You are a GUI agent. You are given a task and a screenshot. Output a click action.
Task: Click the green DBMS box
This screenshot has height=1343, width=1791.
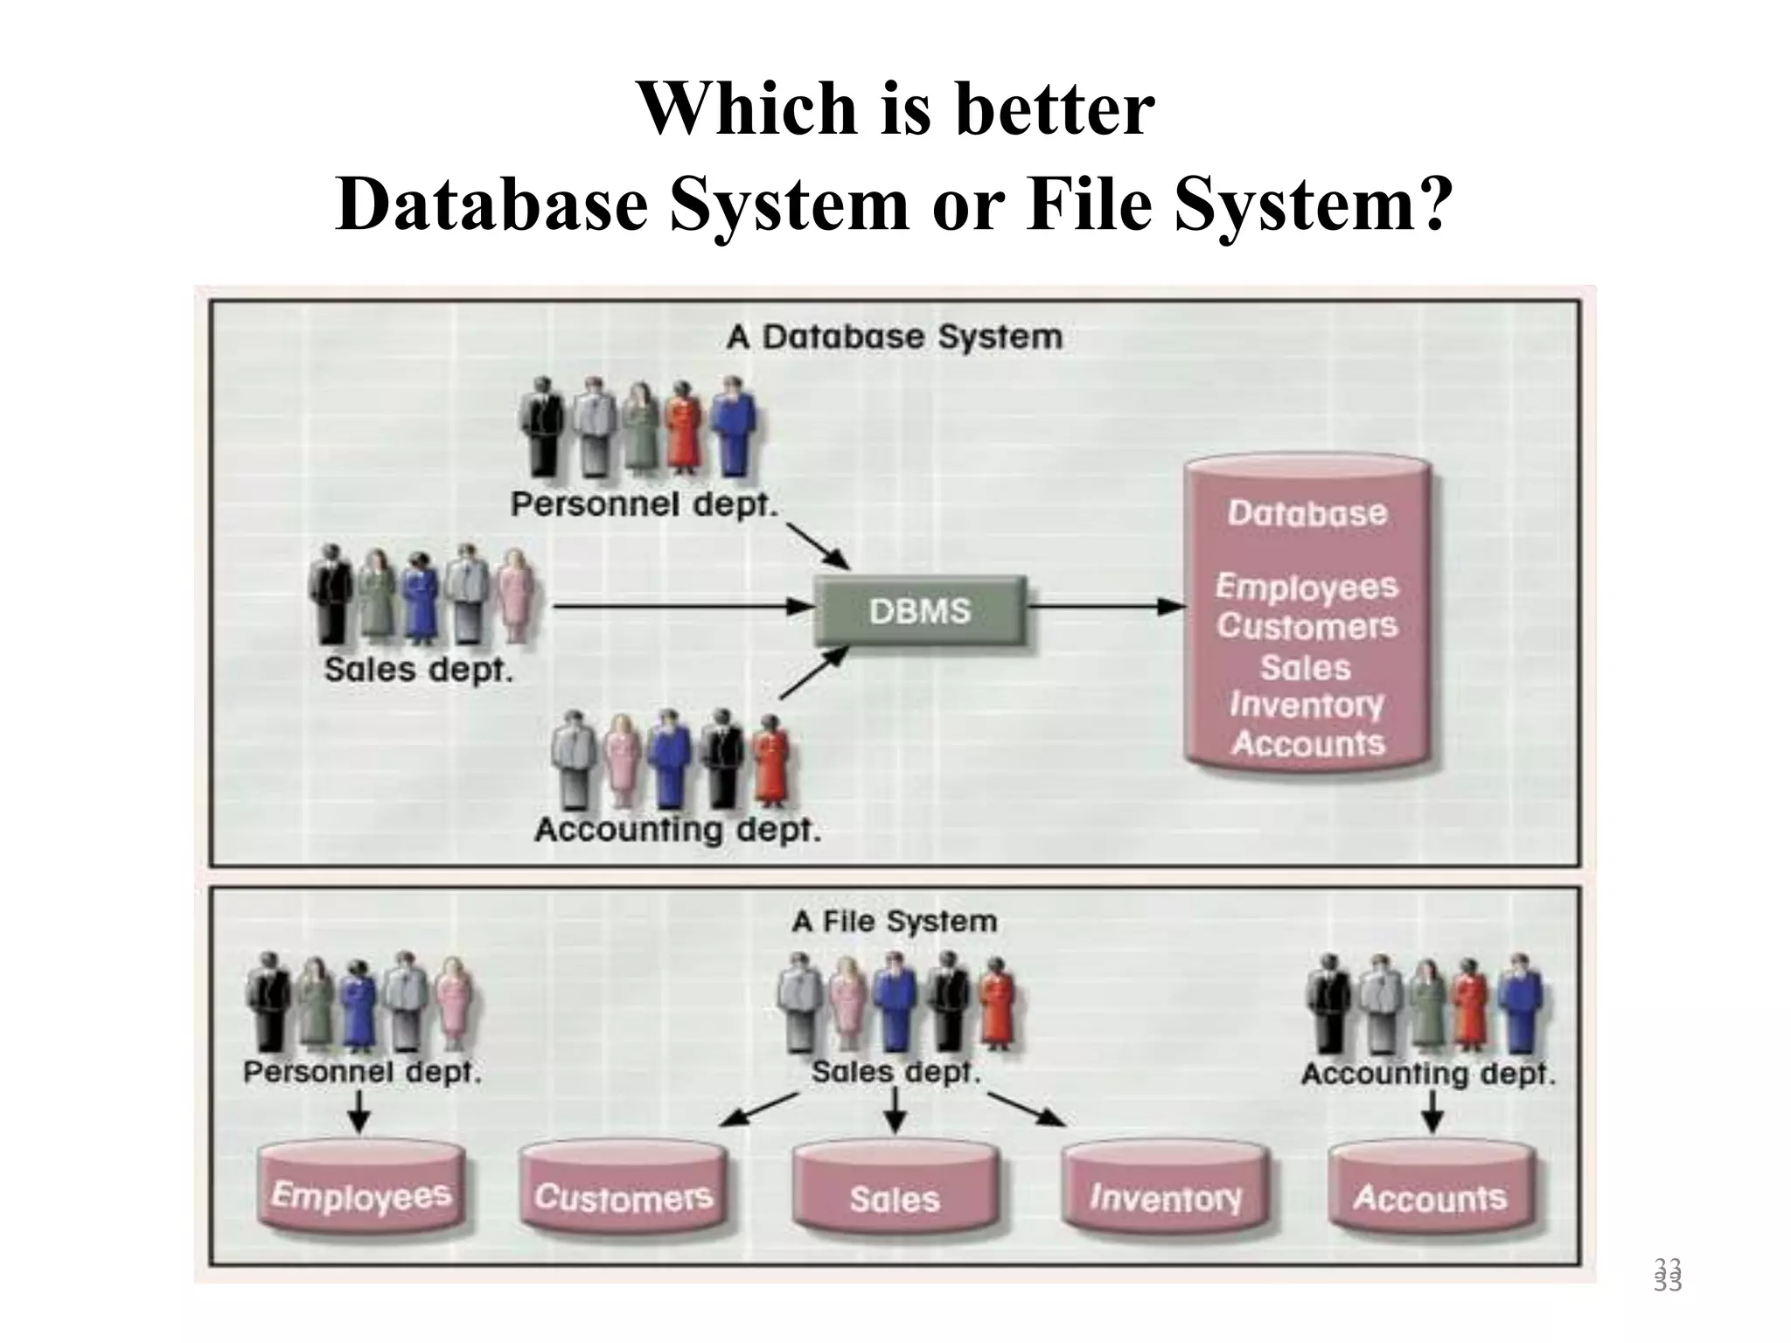click(x=920, y=610)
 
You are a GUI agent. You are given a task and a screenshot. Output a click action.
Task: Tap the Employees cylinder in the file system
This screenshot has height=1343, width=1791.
click(x=361, y=1194)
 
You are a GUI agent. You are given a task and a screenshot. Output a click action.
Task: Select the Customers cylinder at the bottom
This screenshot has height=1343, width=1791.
click(x=623, y=1196)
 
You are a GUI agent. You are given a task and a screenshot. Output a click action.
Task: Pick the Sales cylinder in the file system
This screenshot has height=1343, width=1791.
click(x=895, y=1198)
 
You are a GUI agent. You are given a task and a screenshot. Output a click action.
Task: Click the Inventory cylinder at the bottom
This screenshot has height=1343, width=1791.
click(x=1165, y=1196)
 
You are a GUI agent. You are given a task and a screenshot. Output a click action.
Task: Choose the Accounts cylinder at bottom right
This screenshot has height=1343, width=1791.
click(x=1430, y=1196)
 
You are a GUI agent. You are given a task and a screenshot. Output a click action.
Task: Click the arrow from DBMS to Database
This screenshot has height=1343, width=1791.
click(x=1106, y=606)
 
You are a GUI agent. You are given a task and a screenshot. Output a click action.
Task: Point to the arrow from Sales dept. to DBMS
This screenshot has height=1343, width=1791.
click(x=682, y=605)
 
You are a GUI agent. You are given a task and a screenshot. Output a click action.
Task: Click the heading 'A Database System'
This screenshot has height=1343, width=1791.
click(x=894, y=337)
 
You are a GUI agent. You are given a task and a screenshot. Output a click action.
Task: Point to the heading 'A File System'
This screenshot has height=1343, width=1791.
click(x=894, y=921)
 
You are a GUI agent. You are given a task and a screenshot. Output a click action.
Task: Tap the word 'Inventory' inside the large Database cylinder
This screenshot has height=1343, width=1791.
click(x=1307, y=705)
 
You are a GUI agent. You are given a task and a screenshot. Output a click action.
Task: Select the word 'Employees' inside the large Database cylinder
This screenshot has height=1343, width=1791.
click(x=1307, y=587)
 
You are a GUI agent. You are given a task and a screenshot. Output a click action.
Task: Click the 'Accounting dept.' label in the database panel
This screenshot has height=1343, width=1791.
click(x=678, y=829)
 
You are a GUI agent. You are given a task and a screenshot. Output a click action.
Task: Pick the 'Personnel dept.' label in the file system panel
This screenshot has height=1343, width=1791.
click(x=362, y=1071)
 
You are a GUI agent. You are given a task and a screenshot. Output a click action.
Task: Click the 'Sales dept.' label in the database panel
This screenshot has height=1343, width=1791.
click(x=418, y=670)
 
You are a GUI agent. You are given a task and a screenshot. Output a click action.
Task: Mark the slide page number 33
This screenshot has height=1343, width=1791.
click(x=1668, y=1276)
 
